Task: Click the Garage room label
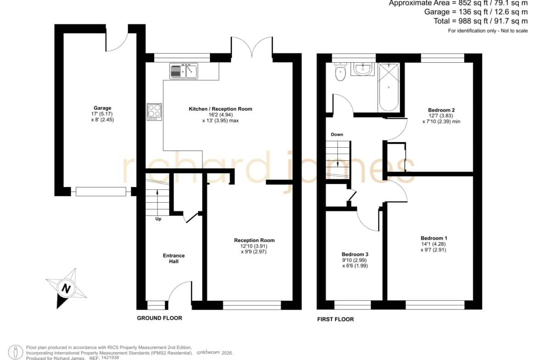point(102,108)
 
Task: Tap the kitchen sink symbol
point(184,71)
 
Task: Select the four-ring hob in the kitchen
point(155,111)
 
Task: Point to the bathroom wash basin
point(363,69)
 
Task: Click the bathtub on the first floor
point(389,88)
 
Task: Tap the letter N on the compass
point(66,288)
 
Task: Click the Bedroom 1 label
point(434,238)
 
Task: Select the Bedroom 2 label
point(442,110)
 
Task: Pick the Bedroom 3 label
point(355,254)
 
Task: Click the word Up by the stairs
point(158,219)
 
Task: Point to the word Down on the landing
point(337,134)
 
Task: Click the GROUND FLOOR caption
point(160,318)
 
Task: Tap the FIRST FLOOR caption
point(336,319)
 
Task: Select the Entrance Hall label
point(173,258)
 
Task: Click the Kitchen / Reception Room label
point(221,109)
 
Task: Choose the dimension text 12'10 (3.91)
point(254,246)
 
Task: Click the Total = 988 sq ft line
point(481,21)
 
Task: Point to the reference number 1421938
point(110,358)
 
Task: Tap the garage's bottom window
point(101,192)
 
